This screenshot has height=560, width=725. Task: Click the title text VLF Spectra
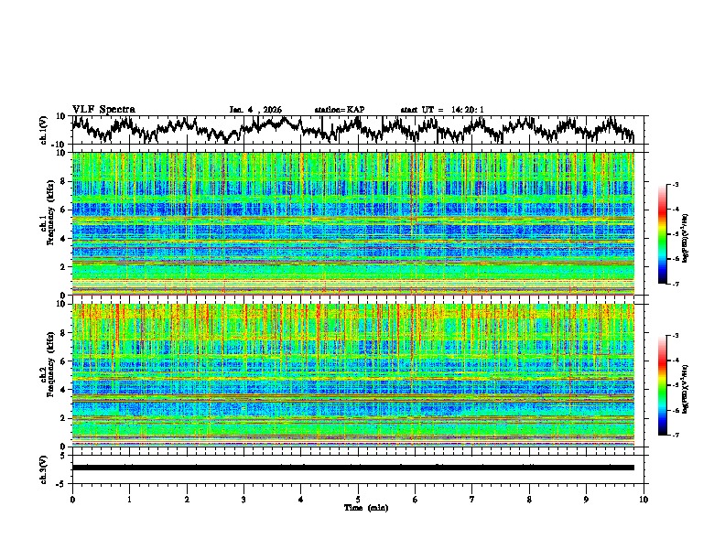[x=103, y=109]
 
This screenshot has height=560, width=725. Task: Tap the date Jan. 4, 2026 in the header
[x=255, y=110]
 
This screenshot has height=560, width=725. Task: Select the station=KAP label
[x=340, y=110]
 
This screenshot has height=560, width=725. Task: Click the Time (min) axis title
[x=358, y=507]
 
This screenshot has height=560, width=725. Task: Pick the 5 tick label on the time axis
[x=358, y=499]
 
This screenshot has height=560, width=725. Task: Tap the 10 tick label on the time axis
[x=644, y=499]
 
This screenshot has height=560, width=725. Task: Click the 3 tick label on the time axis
[x=243, y=499]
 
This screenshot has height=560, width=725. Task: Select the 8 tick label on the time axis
[x=529, y=499]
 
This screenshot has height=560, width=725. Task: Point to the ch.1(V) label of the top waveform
[x=44, y=130]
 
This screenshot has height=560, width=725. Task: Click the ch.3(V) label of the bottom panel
[x=44, y=467]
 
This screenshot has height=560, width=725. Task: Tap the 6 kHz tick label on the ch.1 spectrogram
[x=64, y=210]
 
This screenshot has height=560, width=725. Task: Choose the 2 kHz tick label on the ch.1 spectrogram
[x=64, y=266]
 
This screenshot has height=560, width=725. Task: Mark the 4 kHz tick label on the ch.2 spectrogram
[x=64, y=389]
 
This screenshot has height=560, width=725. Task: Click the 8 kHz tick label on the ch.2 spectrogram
[x=64, y=332]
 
